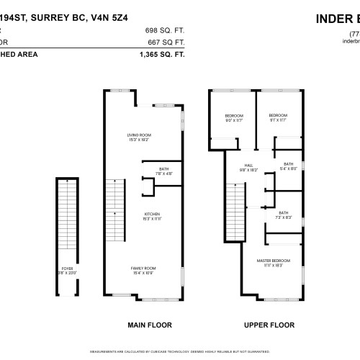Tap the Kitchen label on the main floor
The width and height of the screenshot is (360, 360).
pos(151,216)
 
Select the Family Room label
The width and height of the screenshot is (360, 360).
pos(143,270)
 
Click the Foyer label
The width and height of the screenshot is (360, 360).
pos(67,270)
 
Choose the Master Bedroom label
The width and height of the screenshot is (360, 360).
pos(276,262)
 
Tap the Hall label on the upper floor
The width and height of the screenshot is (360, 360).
pos(249,168)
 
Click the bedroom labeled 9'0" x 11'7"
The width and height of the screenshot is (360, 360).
pos(234,118)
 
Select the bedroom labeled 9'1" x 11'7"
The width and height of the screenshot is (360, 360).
pos(278,118)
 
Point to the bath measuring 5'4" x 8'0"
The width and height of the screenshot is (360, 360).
pos(288,166)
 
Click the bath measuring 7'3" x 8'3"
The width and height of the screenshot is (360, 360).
pos(284,215)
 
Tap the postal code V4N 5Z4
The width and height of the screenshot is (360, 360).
pos(122,19)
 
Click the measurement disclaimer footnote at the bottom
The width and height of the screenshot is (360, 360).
pos(180,352)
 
